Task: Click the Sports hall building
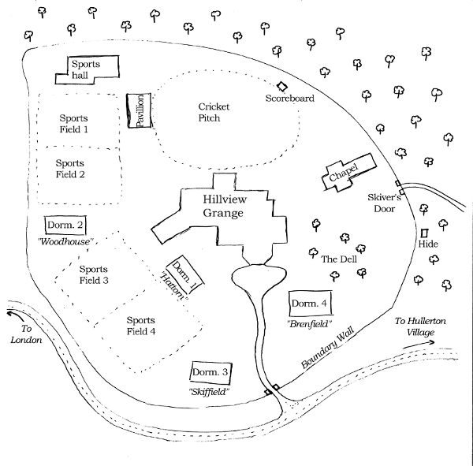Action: pyautogui.click(x=87, y=69)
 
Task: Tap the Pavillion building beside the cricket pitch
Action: pyautogui.click(x=138, y=113)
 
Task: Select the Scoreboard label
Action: pyautogui.click(x=289, y=99)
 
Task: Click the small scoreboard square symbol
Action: pyautogui.click(x=281, y=87)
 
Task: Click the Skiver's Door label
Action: pyautogui.click(x=385, y=203)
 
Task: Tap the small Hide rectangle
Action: pyautogui.click(x=424, y=234)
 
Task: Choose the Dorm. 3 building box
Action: pyautogui.click(x=211, y=372)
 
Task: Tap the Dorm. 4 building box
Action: pyautogui.click(x=309, y=304)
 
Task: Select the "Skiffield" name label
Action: pyautogui.click(x=209, y=391)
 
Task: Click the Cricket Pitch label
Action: pyautogui.click(x=209, y=112)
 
